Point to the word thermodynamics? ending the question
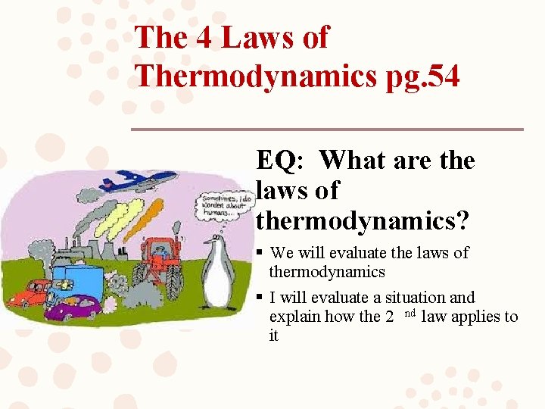tap(363, 220)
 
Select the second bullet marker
tap(260, 298)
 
